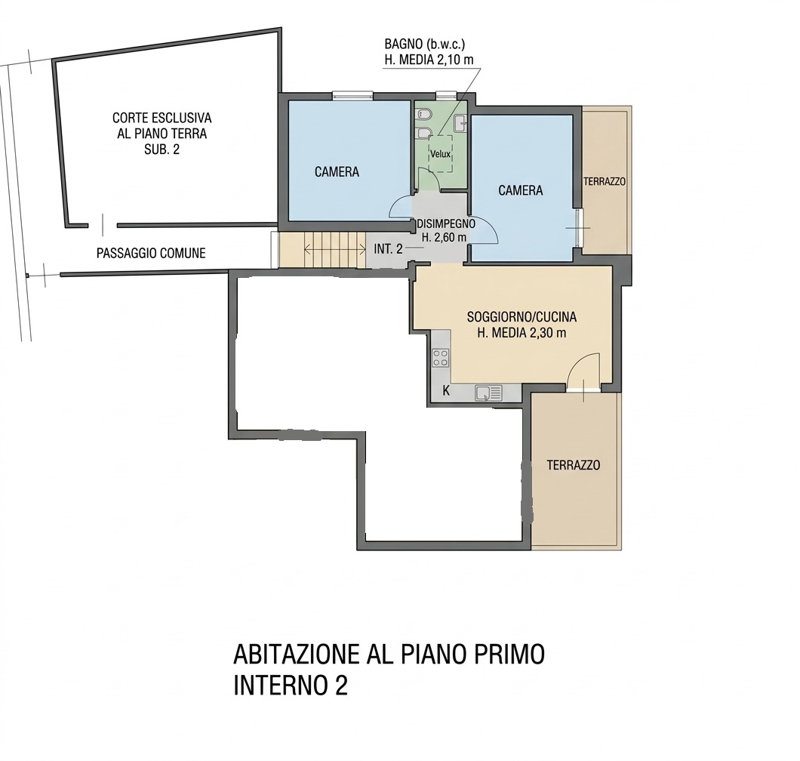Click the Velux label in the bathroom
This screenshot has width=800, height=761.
(x=440, y=153)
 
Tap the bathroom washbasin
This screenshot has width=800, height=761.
(x=460, y=122)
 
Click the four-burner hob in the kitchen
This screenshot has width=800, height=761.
(x=440, y=357)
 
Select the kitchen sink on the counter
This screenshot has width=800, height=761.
(x=489, y=393)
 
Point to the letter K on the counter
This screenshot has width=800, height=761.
(x=446, y=391)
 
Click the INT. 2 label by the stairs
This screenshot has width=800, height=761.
(x=388, y=249)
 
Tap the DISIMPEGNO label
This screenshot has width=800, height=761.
(x=447, y=223)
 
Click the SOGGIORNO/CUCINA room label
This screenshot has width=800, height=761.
(x=522, y=317)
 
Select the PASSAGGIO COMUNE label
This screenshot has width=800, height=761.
(x=151, y=253)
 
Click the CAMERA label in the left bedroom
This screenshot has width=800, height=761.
(x=337, y=172)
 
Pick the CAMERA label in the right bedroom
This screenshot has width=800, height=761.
(x=521, y=190)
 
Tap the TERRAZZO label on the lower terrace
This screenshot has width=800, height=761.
(x=574, y=465)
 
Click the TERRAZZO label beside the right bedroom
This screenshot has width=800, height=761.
(x=605, y=181)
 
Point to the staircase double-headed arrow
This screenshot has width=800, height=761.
(x=334, y=250)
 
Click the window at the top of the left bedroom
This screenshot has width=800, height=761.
(x=352, y=94)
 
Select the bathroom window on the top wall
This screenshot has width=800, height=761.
(x=445, y=94)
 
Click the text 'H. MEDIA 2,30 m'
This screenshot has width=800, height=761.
(x=522, y=333)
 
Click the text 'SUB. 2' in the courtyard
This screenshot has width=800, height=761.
(x=162, y=149)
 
